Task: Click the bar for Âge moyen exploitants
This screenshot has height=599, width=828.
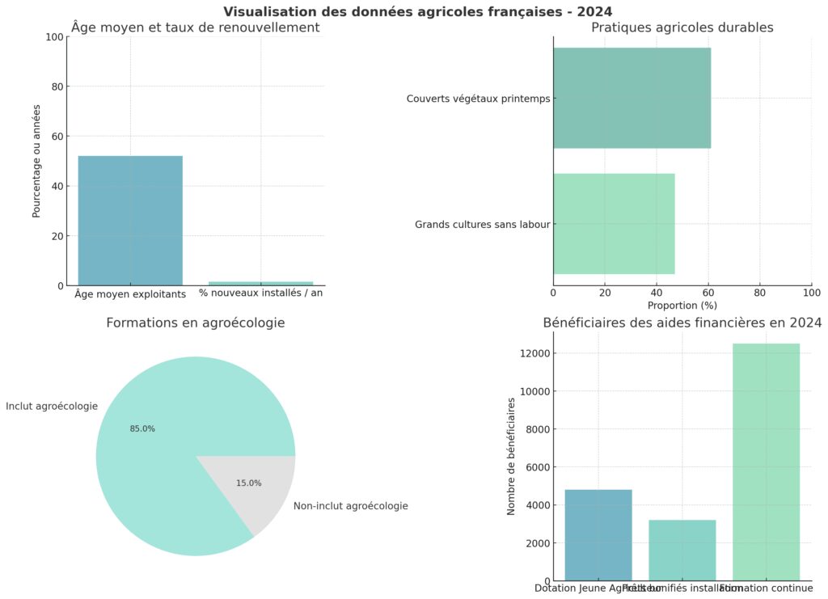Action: [130, 220]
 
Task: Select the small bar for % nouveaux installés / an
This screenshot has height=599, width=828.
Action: [260, 283]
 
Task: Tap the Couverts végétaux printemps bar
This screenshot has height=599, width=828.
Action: [632, 98]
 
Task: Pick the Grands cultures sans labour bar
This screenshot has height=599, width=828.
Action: [614, 224]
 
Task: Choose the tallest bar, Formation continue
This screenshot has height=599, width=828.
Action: [766, 462]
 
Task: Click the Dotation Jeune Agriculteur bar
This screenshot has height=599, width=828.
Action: [598, 534]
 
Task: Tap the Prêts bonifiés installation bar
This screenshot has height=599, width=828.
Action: [682, 550]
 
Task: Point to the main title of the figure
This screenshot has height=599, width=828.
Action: [417, 11]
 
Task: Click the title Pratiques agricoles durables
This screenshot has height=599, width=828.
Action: [682, 27]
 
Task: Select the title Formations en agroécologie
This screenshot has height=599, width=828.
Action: [196, 323]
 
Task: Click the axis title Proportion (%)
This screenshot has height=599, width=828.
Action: [682, 306]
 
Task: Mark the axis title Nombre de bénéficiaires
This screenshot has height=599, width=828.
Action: [511, 457]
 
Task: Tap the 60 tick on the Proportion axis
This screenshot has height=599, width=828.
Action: [708, 292]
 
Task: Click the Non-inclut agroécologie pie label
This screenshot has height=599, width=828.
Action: [350, 506]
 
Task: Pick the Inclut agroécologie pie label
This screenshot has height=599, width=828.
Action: [52, 406]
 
